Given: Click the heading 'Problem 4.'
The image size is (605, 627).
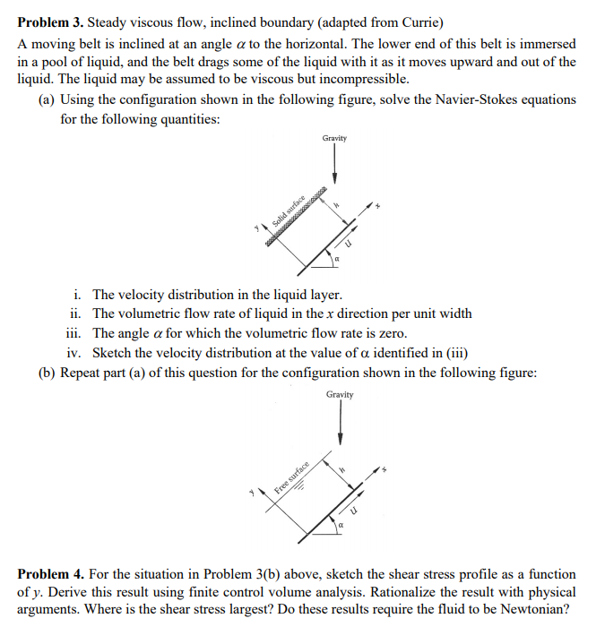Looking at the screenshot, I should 50,573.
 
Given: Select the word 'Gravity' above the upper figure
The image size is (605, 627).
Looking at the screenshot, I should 334,138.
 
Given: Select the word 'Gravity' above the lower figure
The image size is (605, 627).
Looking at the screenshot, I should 340,394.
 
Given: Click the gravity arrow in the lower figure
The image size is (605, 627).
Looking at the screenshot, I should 340,425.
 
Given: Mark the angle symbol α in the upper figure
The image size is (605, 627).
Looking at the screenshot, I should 336,260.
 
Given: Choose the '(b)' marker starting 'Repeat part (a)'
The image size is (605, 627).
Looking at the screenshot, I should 48,372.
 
